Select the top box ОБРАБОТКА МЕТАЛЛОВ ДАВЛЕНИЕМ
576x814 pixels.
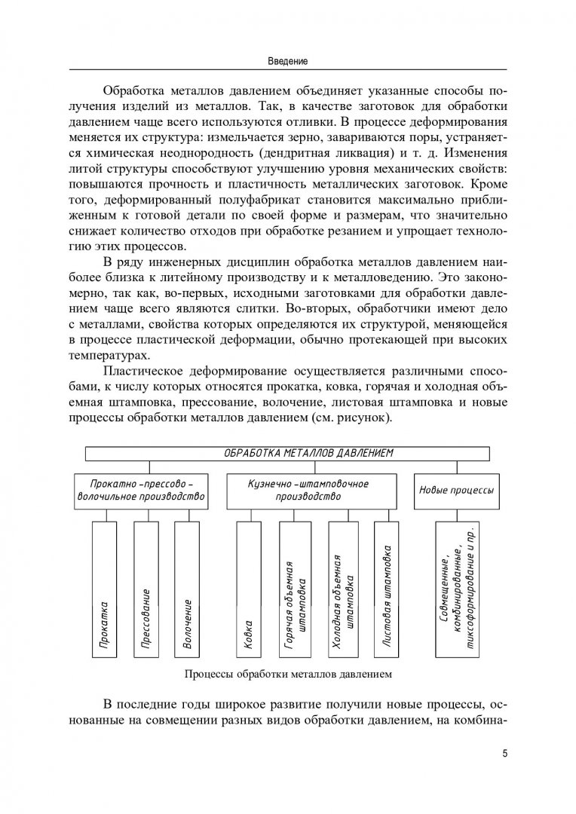click(x=287, y=453)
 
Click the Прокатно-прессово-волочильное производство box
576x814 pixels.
click(x=141, y=491)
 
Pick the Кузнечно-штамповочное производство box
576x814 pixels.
click(x=310, y=491)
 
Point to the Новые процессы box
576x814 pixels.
click(x=456, y=491)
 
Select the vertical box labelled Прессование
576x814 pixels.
click(x=146, y=589)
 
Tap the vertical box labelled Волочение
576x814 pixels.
click(x=188, y=589)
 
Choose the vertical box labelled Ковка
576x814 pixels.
click(x=249, y=589)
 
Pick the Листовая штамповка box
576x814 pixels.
click(x=387, y=589)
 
